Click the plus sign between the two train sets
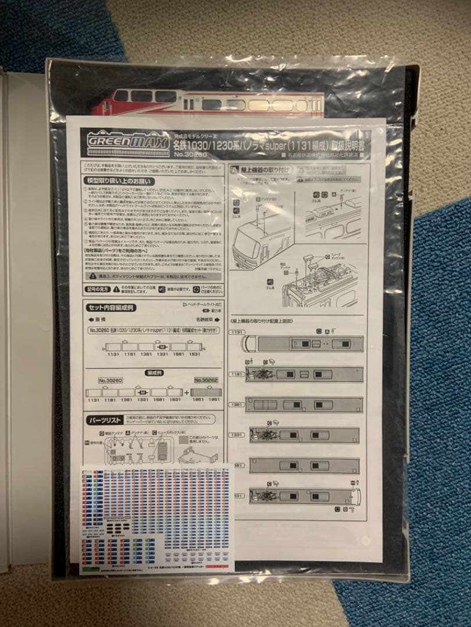[x=186, y=392]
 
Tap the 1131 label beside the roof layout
[x=237, y=333]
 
